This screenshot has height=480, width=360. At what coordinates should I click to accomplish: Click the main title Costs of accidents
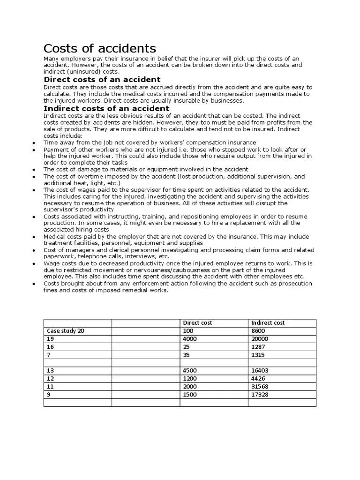[99, 48]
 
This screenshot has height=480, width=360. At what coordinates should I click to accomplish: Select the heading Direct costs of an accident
[102, 80]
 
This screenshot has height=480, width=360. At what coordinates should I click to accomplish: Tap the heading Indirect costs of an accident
[106, 108]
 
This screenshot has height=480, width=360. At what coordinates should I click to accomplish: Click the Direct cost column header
[197, 323]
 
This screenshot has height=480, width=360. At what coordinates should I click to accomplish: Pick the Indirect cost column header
[268, 323]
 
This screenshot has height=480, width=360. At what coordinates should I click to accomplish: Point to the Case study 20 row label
[66, 331]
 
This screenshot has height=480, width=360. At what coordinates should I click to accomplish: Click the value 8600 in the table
[258, 331]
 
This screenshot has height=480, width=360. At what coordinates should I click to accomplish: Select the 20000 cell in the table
[260, 339]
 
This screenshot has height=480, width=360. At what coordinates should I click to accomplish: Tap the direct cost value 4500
[190, 370]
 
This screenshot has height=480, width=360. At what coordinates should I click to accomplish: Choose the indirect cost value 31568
[260, 386]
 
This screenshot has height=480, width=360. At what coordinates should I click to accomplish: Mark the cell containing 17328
[260, 394]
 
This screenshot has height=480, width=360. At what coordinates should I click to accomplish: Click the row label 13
[51, 370]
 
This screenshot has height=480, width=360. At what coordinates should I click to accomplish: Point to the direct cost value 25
[187, 347]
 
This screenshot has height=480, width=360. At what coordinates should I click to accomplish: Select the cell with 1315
[258, 355]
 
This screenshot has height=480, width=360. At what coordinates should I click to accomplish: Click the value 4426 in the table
[258, 378]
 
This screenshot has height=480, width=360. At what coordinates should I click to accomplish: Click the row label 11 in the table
[50, 386]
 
